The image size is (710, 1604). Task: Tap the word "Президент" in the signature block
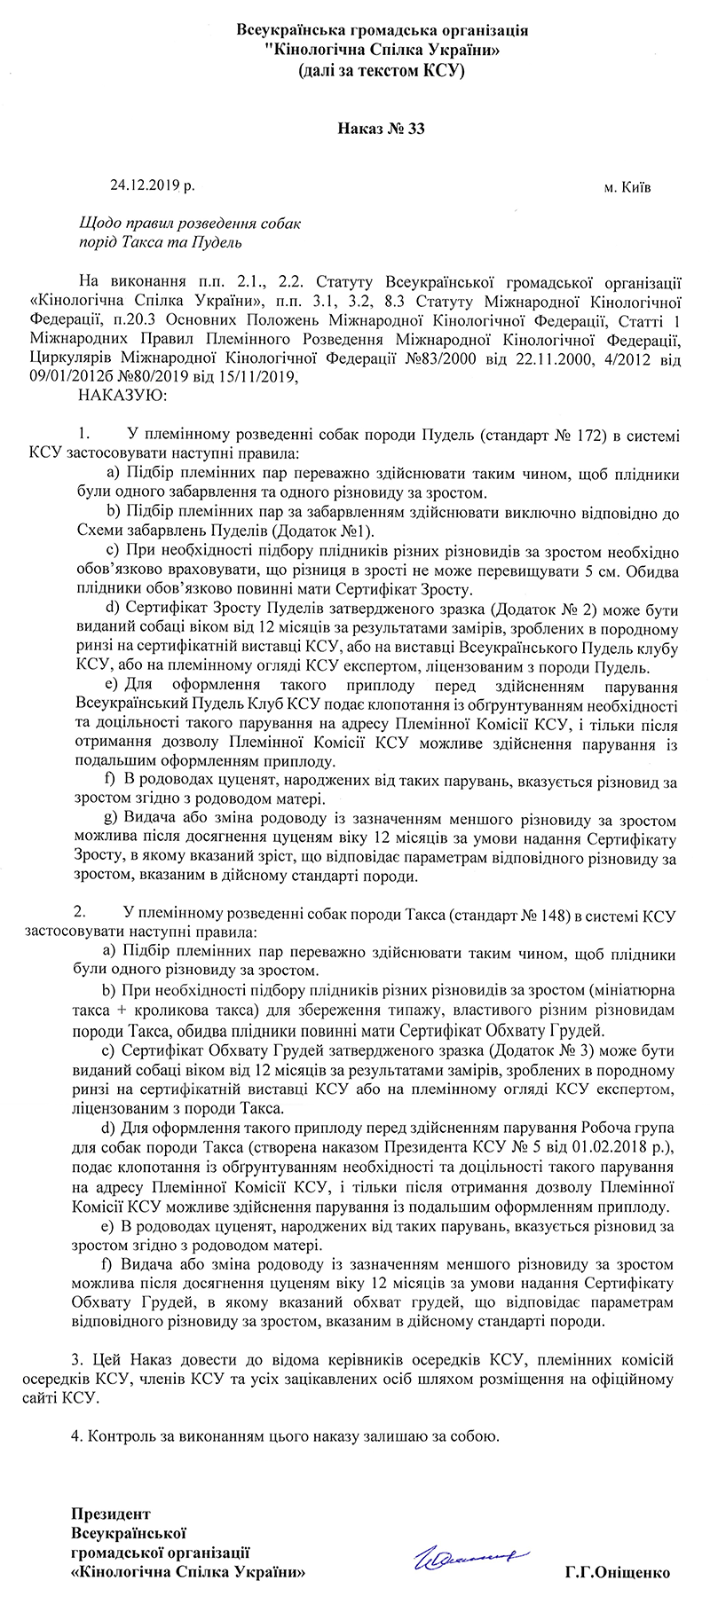coord(111,1514)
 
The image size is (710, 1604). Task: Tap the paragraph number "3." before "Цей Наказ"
coord(75,1359)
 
